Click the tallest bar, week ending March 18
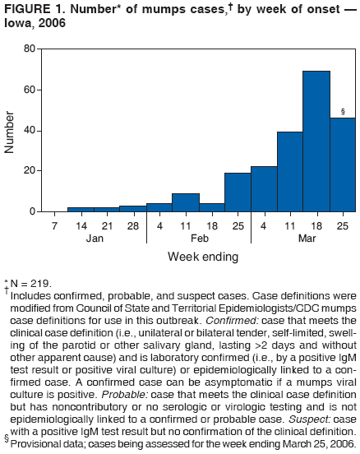[x=316, y=141]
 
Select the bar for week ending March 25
[x=342, y=165]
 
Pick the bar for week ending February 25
[x=238, y=192]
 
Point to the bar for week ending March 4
[x=264, y=189]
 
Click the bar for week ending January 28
[x=132, y=209]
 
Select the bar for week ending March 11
[x=289, y=172]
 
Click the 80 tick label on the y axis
[x=29, y=49]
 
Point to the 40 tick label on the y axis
[x=29, y=130]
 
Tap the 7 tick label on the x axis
[x=54, y=225]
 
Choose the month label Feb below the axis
[x=198, y=238]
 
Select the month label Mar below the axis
[x=303, y=238]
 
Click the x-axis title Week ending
[x=198, y=257]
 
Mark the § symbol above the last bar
[x=342, y=111]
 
